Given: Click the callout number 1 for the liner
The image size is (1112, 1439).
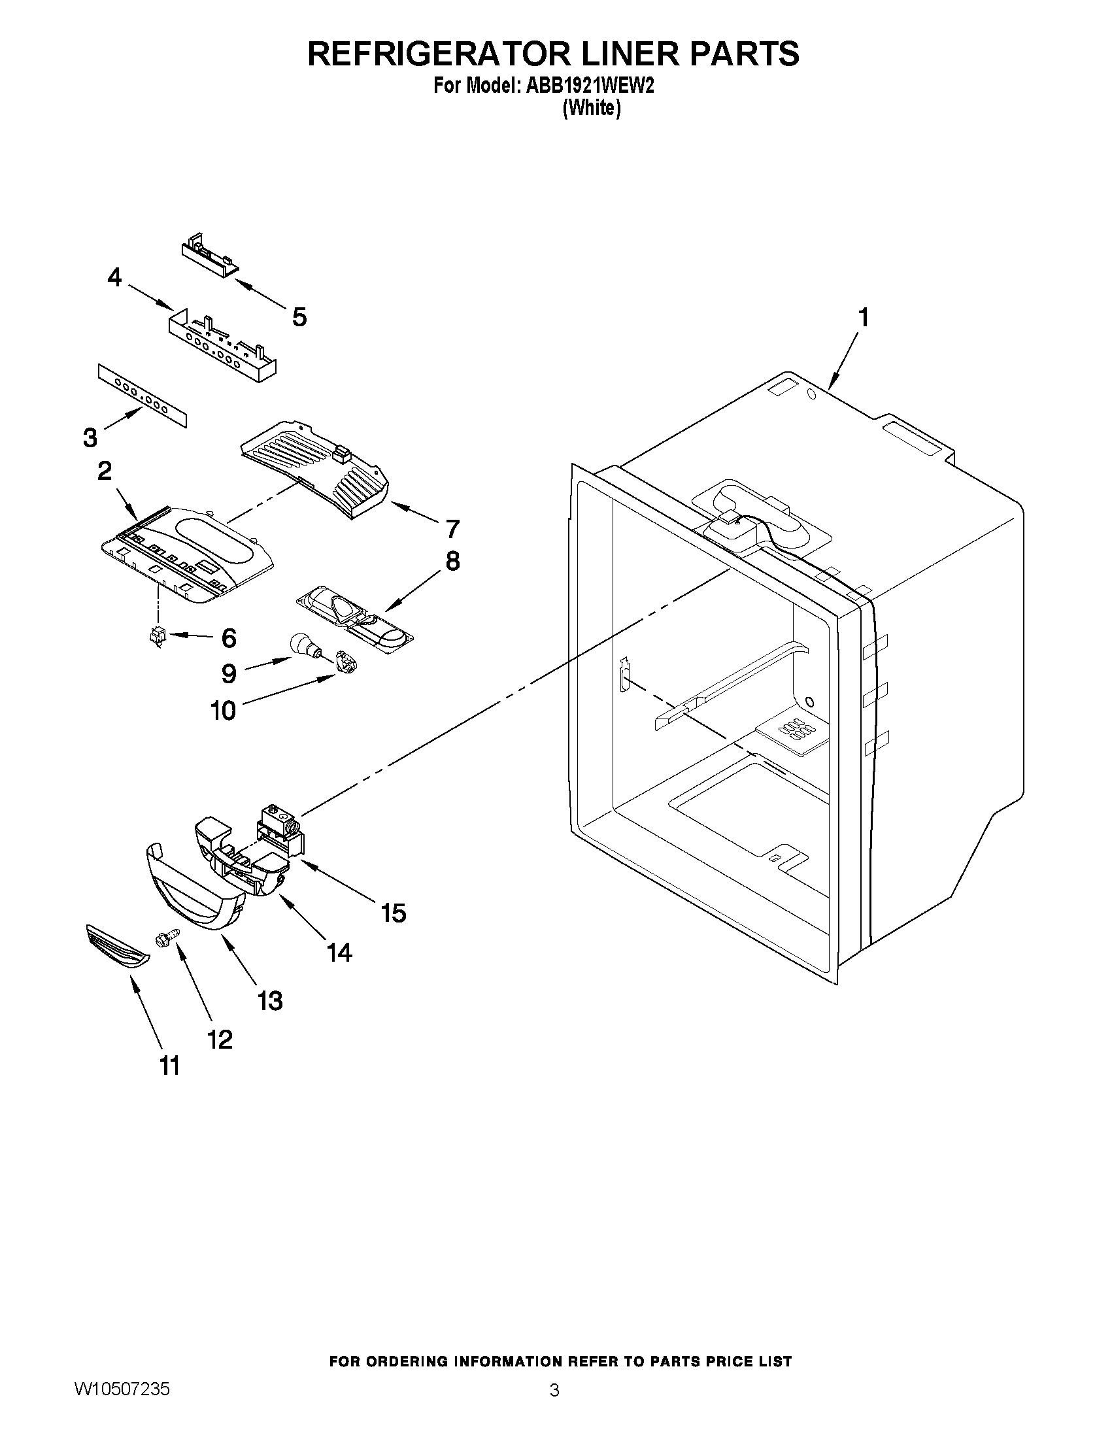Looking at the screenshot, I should coord(863,318).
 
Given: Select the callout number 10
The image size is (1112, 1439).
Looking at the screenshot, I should coord(224,710).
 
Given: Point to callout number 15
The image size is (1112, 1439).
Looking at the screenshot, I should coord(394,913).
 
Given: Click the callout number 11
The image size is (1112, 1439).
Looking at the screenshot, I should coord(170,1066).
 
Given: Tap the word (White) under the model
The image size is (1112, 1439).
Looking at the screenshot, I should coord(592,109).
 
